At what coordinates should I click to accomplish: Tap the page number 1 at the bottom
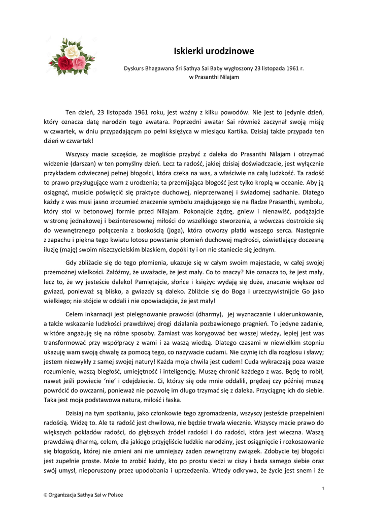pyautogui.click(x=323, y=488)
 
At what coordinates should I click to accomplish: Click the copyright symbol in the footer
pyautogui.click(x=46, y=495)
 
